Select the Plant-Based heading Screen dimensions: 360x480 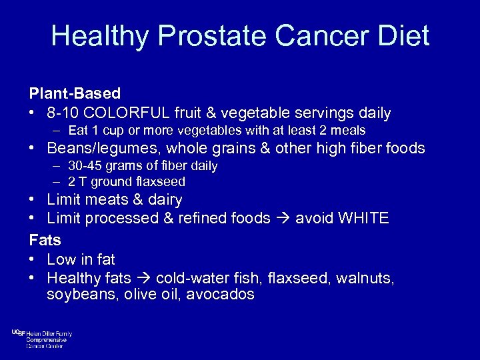75,93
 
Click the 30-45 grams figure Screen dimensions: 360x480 83,165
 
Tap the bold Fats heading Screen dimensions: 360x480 45,239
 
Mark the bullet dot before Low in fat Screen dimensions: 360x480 33,259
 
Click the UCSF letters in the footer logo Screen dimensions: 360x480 18,333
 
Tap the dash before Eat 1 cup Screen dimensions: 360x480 58,131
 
